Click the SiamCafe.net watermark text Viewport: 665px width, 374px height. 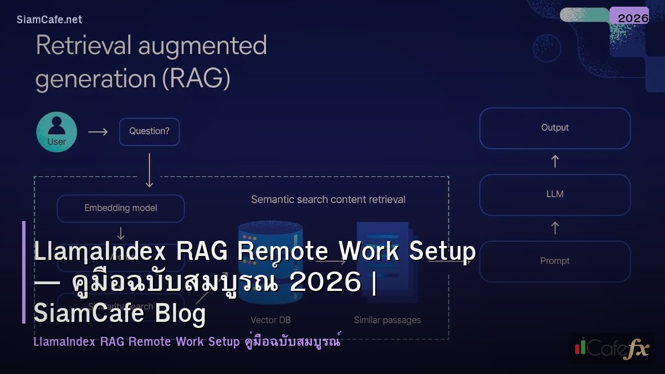click(49, 19)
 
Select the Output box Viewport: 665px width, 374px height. click(555, 128)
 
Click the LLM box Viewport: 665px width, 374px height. click(555, 194)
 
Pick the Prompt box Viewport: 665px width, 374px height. click(555, 261)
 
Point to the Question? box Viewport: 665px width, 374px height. click(149, 132)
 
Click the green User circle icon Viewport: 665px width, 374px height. click(57, 132)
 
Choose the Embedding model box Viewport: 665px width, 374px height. click(121, 208)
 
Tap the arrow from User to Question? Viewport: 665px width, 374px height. click(98, 132)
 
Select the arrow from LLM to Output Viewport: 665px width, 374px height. click(555, 161)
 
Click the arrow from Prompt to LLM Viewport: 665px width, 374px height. click(555, 228)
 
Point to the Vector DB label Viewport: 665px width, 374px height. click(270, 320)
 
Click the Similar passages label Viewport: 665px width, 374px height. click(387, 320)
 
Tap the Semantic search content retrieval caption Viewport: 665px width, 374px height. click(328, 199)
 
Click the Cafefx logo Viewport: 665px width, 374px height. click(611, 347)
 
